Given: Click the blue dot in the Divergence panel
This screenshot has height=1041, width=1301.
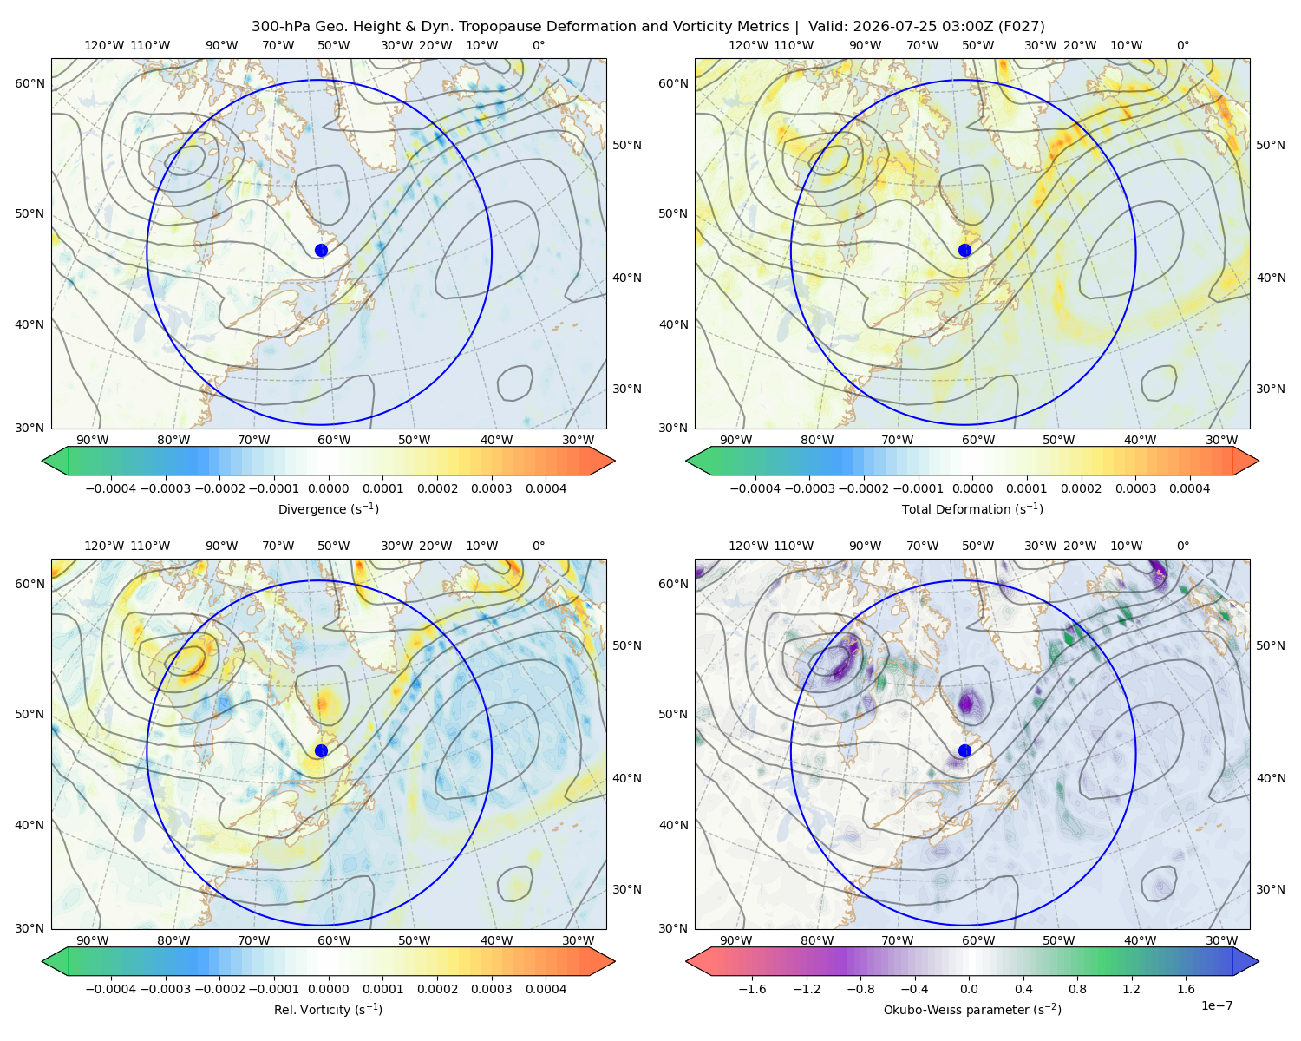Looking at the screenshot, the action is (x=321, y=251).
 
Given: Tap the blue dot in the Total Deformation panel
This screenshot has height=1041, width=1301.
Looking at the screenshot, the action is (x=964, y=251).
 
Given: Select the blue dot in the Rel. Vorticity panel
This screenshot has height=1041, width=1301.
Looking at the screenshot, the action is (x=321, y=750).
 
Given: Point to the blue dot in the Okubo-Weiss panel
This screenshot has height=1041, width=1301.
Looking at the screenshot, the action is (x=964, y=750).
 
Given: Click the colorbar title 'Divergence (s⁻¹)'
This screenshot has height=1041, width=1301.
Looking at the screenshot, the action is (x=328, y=508).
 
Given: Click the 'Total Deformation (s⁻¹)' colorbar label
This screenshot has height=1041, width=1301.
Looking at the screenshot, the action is (x=972, y=508).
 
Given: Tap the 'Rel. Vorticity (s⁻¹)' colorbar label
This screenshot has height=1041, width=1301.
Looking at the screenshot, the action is (x=328, y=1010).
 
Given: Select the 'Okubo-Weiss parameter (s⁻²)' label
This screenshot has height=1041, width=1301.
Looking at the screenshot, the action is (x=972, y=1010).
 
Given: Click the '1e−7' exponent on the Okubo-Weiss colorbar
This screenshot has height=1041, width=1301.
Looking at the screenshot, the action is (x=1216, y=1006).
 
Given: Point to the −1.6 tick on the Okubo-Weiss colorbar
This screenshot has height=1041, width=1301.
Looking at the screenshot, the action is (x=752, y=989).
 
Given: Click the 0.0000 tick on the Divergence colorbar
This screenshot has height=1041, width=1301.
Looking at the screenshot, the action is (x=328, y=488).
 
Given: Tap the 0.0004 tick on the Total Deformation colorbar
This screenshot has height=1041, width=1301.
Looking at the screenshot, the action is (x=1189, y=488).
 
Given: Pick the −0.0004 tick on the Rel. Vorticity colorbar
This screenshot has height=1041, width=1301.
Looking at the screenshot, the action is (x=111, y=989).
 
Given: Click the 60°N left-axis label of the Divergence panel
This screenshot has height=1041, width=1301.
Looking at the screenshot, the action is (x=29, y=83).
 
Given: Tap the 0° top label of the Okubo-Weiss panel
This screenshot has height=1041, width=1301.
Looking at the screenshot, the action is (x=1182, y=546).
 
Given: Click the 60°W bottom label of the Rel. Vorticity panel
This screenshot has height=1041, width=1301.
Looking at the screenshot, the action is (x=334, y=940).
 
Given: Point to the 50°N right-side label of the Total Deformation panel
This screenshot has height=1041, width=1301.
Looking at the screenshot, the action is (x=1271, y=145).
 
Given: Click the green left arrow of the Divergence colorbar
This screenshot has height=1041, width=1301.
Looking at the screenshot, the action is (x=55, y=461).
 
